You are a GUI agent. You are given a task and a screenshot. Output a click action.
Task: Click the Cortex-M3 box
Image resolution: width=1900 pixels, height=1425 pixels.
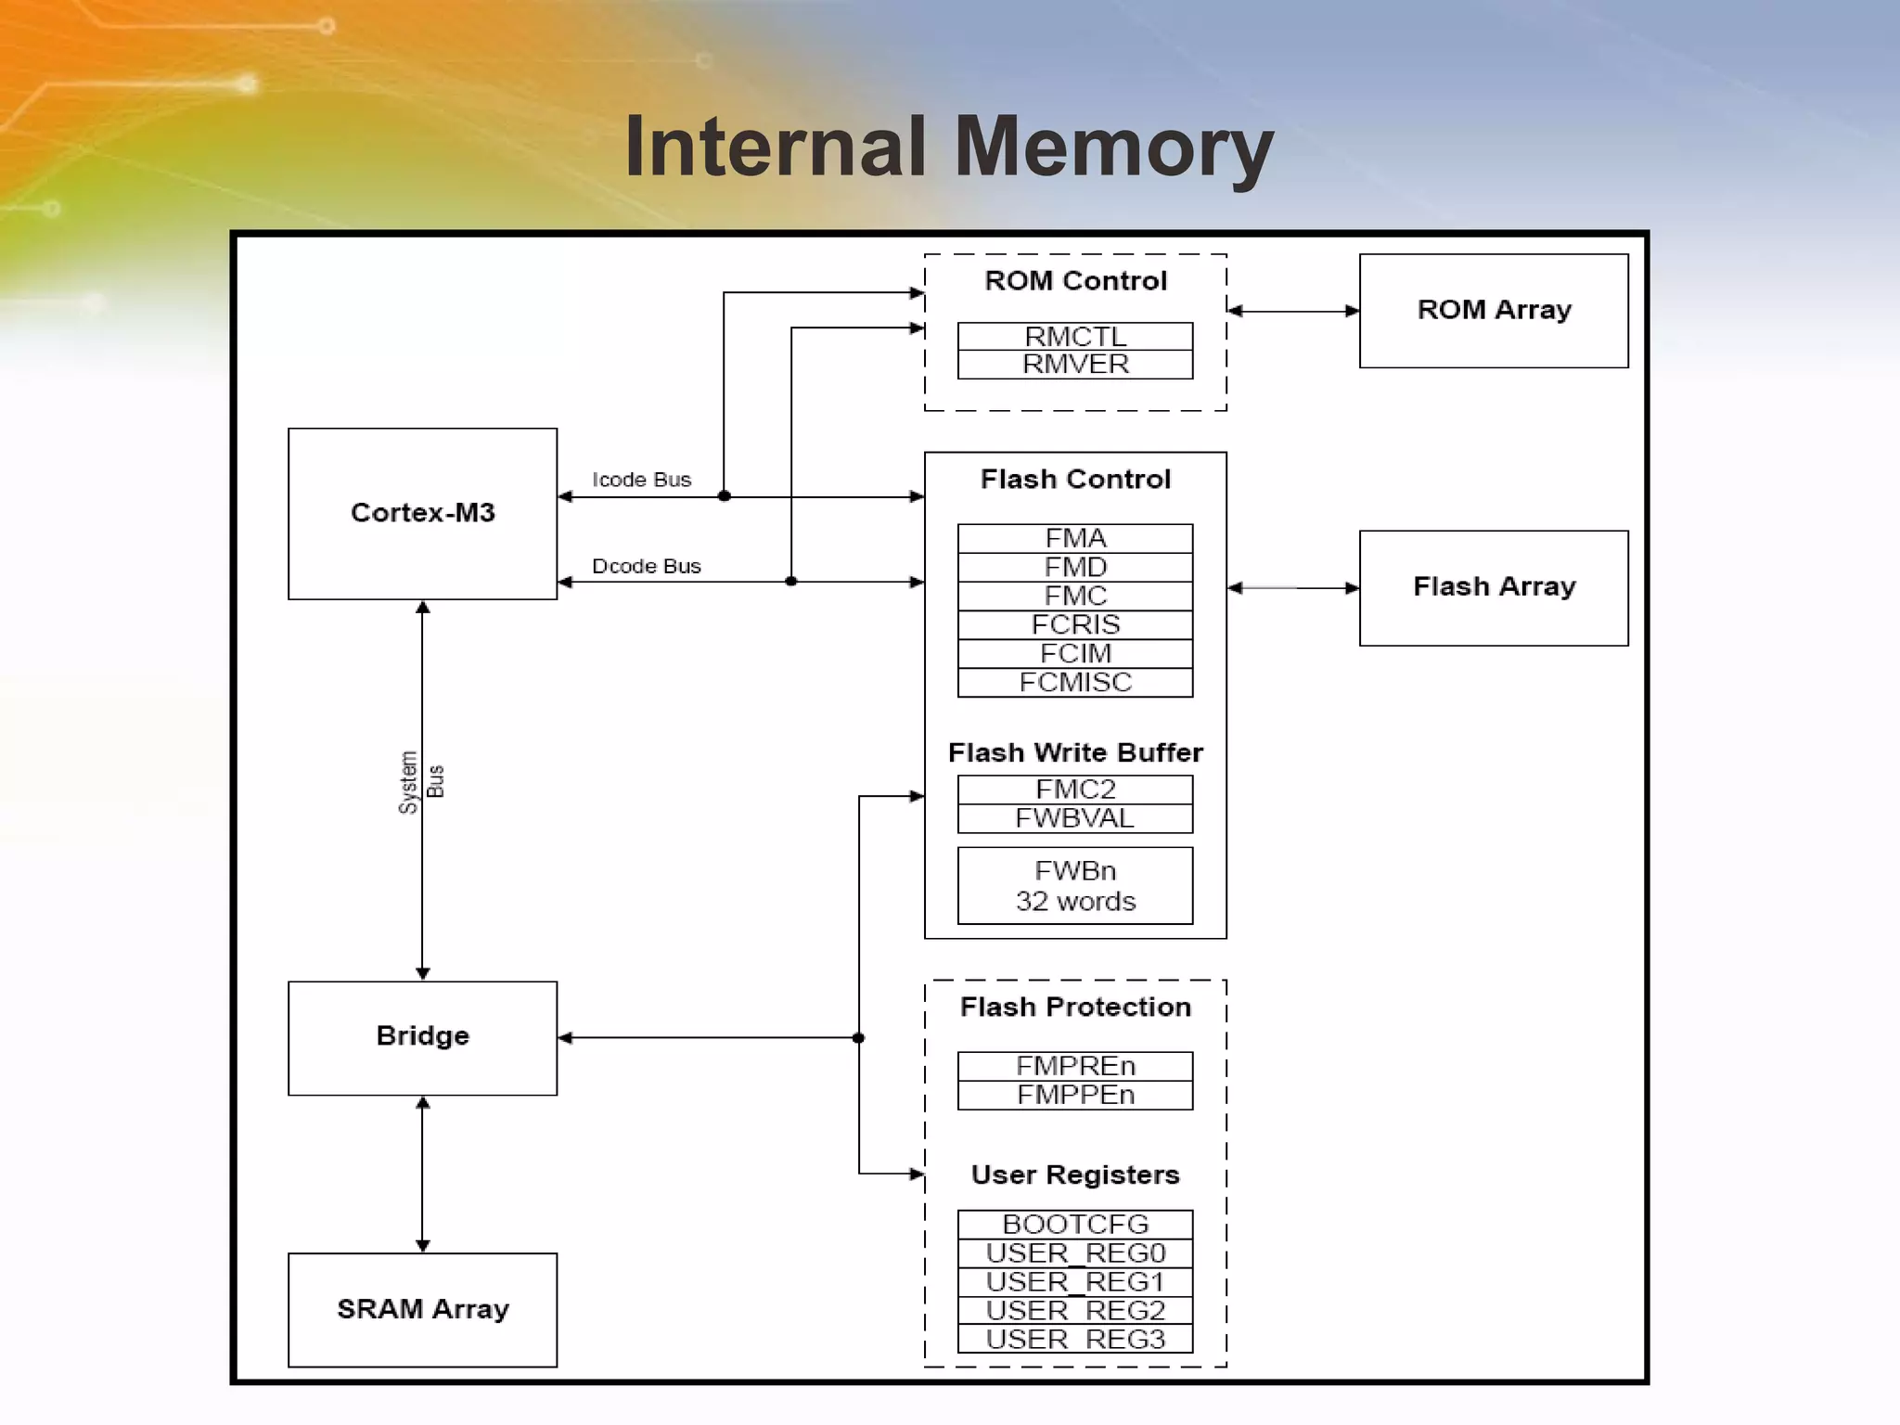click(x=422, y=513)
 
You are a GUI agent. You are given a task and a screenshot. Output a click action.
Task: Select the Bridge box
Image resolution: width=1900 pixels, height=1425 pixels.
click(x=422, y=1037)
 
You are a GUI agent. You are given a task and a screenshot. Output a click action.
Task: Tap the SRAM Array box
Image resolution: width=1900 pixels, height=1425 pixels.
click(x=422, y=1309)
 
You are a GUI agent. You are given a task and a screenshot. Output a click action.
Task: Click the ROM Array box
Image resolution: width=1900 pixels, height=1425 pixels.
click(x=1493, y=310)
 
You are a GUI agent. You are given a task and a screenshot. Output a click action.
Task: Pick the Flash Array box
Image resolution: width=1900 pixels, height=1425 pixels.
click(x=1493, y=587)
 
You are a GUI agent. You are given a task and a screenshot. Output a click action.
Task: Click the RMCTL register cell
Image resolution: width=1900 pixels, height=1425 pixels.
click(x=1074, y=336)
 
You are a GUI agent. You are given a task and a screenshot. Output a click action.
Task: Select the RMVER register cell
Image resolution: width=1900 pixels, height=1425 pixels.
click(x=1074, y=365)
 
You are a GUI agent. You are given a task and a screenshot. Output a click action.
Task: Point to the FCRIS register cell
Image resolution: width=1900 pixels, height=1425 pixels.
click(x=1074, y=624)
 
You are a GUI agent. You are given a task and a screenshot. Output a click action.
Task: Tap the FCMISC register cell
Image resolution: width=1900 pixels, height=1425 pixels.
click(x=1074, y=683)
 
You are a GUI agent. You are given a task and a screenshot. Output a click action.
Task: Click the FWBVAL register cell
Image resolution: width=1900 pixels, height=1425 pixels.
click(x=1074, y=818)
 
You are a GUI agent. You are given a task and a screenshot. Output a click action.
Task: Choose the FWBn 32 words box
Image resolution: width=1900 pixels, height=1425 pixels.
click(x=1074, y=885)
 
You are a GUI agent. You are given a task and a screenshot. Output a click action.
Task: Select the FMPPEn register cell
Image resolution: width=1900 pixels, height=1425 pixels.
click(x=1074, y=1095)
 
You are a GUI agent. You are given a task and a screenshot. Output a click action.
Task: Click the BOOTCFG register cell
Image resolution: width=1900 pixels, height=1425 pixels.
click(x=1074, y=1224)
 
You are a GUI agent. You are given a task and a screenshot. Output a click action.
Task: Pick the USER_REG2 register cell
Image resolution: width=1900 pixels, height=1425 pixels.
click(x=1074, y=1310)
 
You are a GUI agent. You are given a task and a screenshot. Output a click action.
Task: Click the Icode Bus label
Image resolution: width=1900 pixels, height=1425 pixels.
click(x=641, y=480)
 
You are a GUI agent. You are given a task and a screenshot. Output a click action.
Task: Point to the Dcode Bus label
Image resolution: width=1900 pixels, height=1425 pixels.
click(x=646, y=566)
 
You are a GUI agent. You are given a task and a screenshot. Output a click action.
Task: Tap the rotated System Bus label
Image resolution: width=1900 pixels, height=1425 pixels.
click(x=421, y=782)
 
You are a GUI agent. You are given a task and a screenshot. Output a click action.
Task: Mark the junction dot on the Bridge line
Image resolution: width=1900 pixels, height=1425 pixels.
click(x=858, y=1037)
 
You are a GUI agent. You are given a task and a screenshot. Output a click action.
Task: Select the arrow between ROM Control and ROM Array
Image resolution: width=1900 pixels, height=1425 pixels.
click(x=1292, y=311)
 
